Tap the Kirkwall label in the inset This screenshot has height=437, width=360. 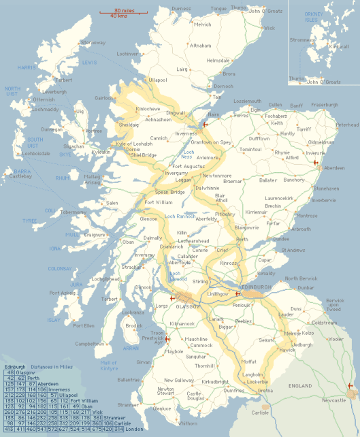tap(338, 47)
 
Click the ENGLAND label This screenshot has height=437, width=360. tap(301, 386)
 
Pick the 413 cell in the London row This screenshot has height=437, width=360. tap(10, 430)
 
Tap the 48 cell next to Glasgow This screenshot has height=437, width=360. tap(10, 373)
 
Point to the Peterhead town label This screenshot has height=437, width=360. tap(346, 125)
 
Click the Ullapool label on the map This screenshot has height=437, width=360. tap(157, 80)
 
